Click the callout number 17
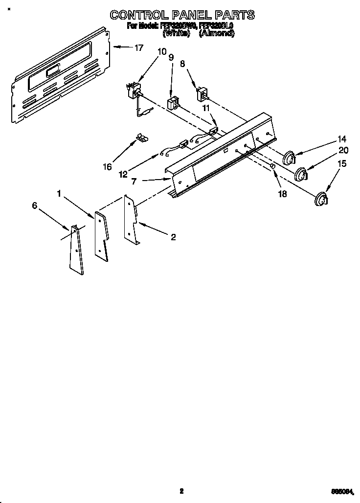click(139, 47)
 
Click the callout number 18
click(283, 193)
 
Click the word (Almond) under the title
click(216, 34)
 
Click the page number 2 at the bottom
click(181, 490)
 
